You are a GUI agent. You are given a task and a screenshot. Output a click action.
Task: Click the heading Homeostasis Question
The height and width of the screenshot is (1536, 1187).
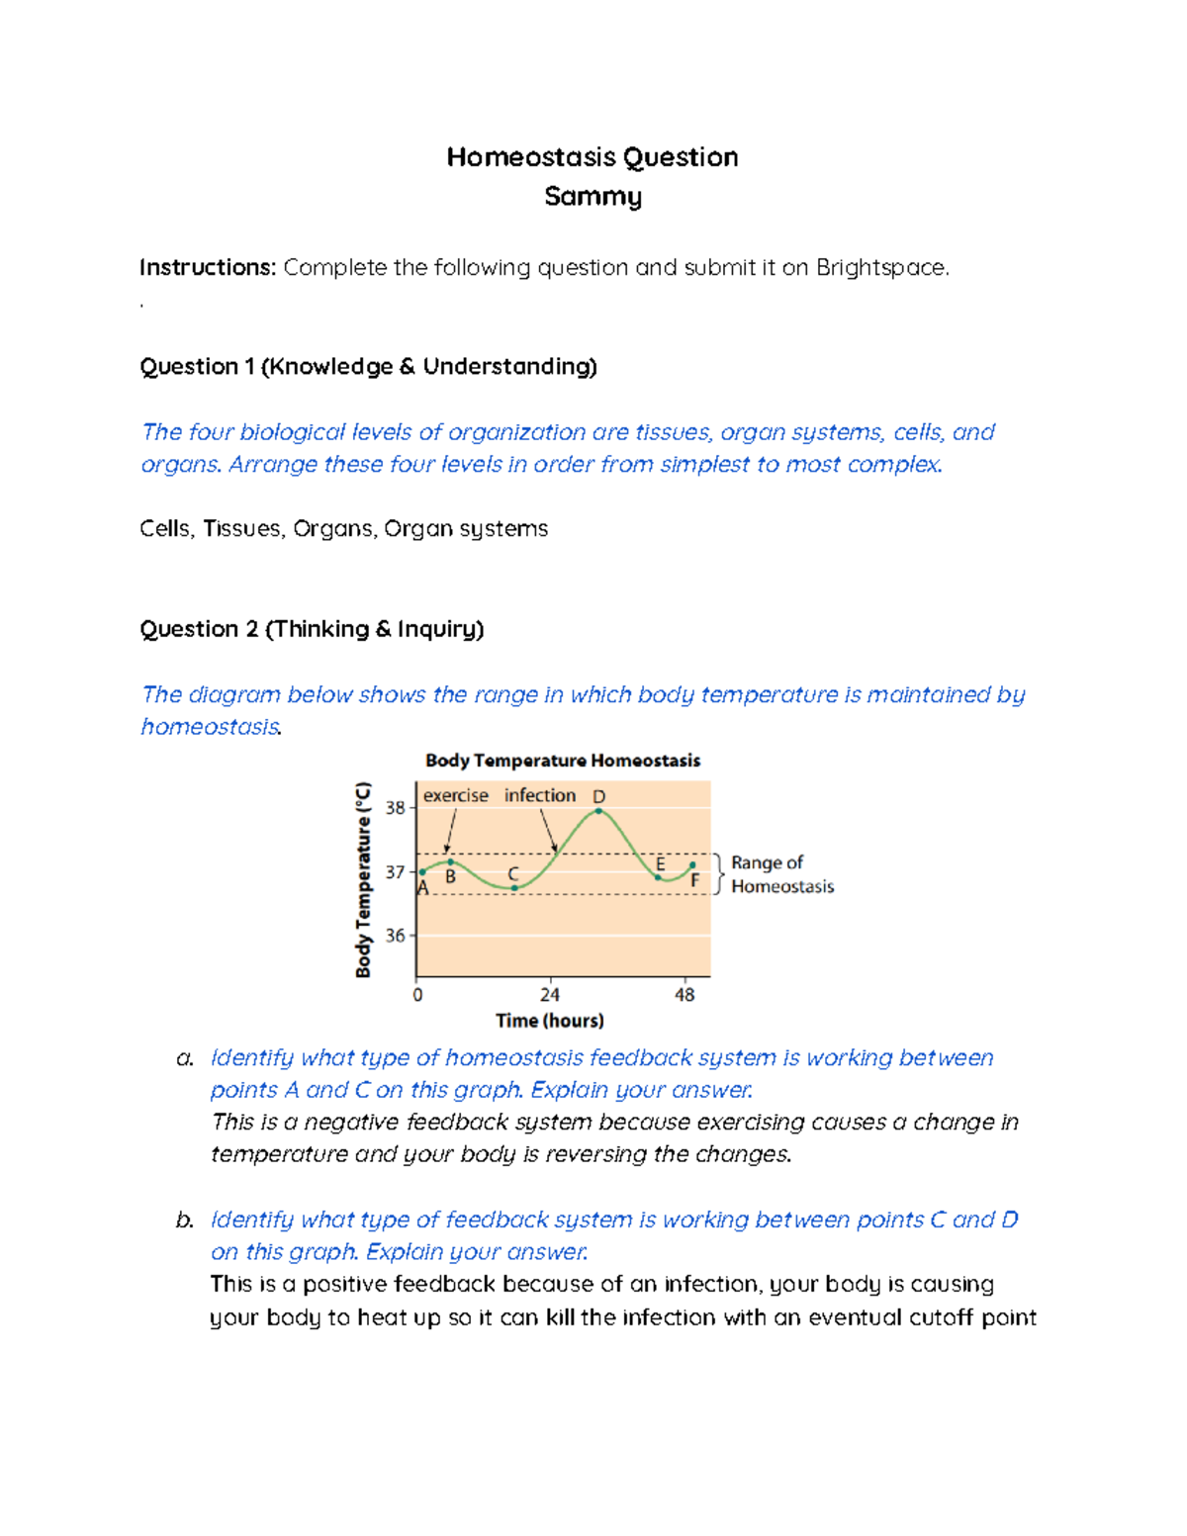592,157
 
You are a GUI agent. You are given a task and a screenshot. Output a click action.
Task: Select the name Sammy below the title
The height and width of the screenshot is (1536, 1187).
593,197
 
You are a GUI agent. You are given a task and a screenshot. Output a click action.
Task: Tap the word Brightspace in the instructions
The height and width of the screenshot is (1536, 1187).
880,268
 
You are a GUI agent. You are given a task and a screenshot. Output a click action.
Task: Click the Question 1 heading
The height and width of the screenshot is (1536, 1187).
368,367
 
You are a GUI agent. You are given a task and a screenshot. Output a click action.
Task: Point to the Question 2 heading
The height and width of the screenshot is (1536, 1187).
312,629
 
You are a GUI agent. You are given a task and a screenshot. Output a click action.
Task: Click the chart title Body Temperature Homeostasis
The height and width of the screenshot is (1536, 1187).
562,761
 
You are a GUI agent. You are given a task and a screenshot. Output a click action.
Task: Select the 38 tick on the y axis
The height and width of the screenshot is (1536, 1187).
396,808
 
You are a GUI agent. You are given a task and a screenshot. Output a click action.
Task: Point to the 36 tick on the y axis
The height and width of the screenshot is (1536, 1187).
396,936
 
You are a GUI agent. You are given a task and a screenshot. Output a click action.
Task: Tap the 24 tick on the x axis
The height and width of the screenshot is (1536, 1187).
550,995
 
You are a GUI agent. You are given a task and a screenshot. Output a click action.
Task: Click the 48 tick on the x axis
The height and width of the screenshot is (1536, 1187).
685,995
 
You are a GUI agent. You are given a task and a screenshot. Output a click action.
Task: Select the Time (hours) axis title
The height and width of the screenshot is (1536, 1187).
550,1021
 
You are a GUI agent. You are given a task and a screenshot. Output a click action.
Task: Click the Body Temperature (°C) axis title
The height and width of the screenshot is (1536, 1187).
363,879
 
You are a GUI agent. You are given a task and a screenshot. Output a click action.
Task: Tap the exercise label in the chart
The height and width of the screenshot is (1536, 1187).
455,795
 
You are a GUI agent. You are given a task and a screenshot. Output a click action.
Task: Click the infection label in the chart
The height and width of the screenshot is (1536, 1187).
539,795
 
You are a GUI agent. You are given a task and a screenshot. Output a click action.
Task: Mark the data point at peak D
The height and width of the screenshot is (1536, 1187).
598,811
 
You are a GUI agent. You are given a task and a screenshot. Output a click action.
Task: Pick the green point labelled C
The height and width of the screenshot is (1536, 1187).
514,888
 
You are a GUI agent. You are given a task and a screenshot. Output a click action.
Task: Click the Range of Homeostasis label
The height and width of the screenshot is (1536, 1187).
781,874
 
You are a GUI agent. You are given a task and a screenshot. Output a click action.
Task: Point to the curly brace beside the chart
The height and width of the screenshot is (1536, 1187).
719,874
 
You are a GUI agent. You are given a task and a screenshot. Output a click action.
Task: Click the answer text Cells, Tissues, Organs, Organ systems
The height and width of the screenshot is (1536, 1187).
343,529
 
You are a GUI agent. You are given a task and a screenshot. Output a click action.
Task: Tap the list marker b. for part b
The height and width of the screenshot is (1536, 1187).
184,1220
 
